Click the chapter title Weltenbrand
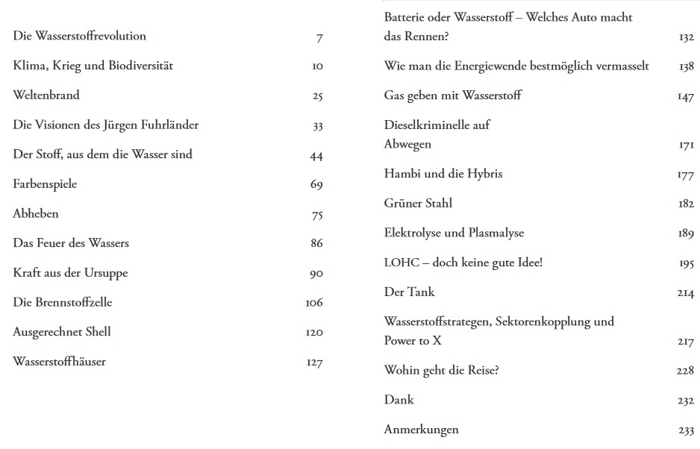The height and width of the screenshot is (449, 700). coord(46,95)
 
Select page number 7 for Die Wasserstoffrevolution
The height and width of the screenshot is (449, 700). coord(319,37)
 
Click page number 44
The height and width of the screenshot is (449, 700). coord(316,156)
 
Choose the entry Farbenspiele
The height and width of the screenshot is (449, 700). coord(45,184)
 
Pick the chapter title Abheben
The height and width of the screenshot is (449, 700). coord(36,214)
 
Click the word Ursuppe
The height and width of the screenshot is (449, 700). coord(106,273)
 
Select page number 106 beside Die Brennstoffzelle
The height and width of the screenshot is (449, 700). coord(314,303)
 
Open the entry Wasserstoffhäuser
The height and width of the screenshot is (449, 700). coord(60,362)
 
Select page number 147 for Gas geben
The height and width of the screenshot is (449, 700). coord(686,97)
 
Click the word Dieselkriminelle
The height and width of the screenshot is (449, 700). coord(437,125)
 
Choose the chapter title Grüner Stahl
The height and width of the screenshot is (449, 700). coord(418,203)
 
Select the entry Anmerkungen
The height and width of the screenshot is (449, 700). coord(422,430)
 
